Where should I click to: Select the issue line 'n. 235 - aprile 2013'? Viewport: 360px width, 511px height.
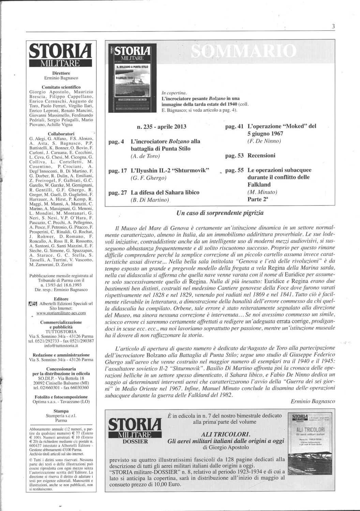tap(162, 127)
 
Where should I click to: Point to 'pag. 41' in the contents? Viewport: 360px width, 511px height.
tap(235, 126)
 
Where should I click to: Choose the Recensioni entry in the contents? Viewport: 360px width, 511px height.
tap(261, 156)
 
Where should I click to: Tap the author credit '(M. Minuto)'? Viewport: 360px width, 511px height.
tap(262, 192)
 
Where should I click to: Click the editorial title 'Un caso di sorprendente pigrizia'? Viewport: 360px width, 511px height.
tap(220, 213)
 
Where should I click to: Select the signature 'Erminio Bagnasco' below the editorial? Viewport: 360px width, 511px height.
tap(313, 402)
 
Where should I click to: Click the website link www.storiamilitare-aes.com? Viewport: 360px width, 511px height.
tap(61, 312)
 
